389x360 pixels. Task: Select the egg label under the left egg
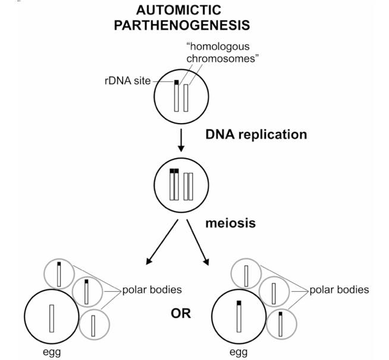tap(51, 352)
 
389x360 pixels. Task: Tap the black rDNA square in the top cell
tap(176, 82)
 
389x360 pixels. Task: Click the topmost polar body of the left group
tap(59, 273)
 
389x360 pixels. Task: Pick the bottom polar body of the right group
tap(281, 326)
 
